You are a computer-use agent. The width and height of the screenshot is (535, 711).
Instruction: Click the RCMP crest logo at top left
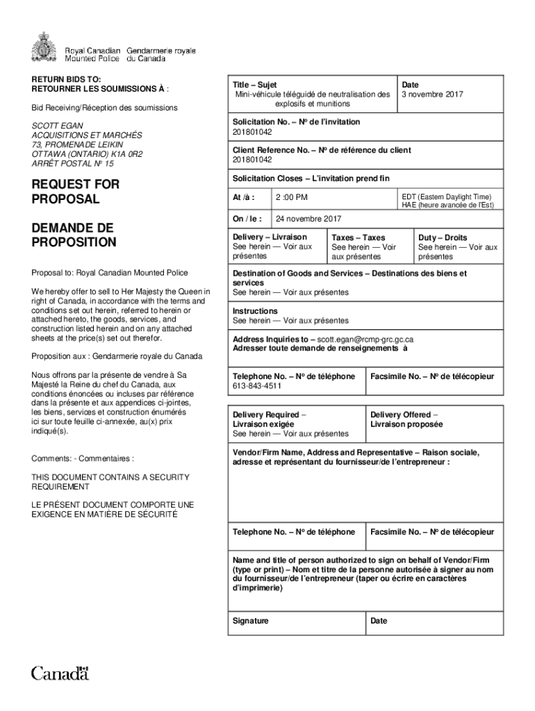pos(44,47)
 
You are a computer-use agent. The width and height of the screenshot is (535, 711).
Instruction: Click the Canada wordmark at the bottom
pos(60,673)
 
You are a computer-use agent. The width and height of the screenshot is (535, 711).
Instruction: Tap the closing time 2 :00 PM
pos(292,197)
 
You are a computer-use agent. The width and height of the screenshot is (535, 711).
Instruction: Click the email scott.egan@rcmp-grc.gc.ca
pos(365,340)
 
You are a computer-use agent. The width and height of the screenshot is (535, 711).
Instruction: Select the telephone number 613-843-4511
pos(257,386)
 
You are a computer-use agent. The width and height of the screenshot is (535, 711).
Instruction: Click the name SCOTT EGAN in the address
pos(53,126)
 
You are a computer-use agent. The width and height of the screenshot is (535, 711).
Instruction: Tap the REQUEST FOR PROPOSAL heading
pos(75,192)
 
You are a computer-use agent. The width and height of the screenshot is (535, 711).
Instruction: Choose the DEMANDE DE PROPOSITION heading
pos(73,235)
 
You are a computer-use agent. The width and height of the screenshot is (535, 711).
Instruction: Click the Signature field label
pos(251,621)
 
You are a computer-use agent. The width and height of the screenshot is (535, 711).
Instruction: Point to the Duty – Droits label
pos(442,237)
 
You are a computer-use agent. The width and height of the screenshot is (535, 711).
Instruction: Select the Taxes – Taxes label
pos(358,237)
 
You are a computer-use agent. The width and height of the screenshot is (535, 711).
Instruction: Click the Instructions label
pos(255,311)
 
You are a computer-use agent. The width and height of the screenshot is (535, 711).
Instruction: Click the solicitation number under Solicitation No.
pos(252,131)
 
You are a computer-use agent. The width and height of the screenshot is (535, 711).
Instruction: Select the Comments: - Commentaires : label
pos(83,458)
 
